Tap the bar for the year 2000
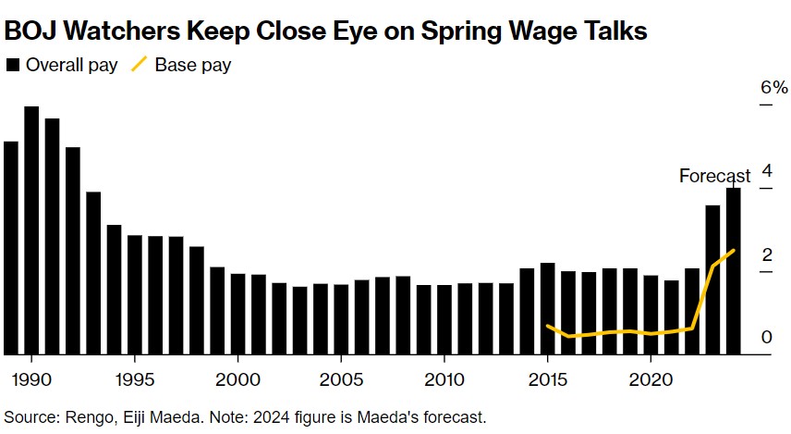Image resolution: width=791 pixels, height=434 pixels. pos(237,314)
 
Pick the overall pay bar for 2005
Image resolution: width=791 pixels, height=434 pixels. pos(341,319)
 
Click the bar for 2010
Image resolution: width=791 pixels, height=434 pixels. pos(444,319)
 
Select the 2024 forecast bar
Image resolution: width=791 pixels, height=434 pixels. pos(733,270)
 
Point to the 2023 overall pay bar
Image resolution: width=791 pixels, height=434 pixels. pos(712,279)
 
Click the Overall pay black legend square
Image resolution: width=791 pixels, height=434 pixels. pos(12,66)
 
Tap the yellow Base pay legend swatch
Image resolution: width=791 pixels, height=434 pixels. pos(139,66)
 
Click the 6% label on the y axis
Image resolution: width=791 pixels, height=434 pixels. pos(773,88)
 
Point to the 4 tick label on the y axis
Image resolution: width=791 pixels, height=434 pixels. pos(766,170)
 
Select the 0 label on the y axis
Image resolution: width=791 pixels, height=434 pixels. pos(766,337)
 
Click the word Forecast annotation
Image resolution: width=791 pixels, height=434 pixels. pos(715,176)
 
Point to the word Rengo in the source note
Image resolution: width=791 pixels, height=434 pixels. pos(81,416)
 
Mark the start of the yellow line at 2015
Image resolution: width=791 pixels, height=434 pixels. pos(548,326)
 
